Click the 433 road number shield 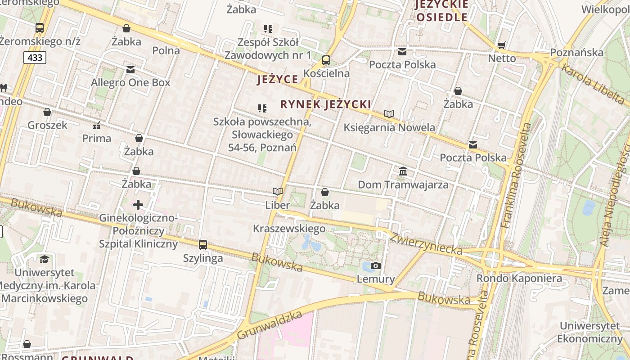click(x=35, y=58)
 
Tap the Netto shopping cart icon click(x=502, y=45)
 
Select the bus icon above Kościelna click(x=326, y=60)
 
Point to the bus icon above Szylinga click(x=203, y=245)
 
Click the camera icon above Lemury click(x=376, y=265)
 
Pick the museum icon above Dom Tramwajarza click(x=403, y=171)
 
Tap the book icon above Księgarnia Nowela click(x=389, y=114)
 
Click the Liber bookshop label click(x=278, y=206)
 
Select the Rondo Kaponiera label click(x=519, y=279)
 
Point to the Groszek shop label click(x=47, y=125)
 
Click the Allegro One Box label click(x=130, y=83)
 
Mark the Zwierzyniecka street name click(x=426, y=243)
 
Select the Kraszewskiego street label click(x=289, y=229)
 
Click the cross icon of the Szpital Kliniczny click(x=138, y=205)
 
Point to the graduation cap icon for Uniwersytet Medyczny click(x=44, y=259)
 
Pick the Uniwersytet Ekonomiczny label click(x=589, y=332)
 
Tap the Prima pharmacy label click(x=97, y=139)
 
